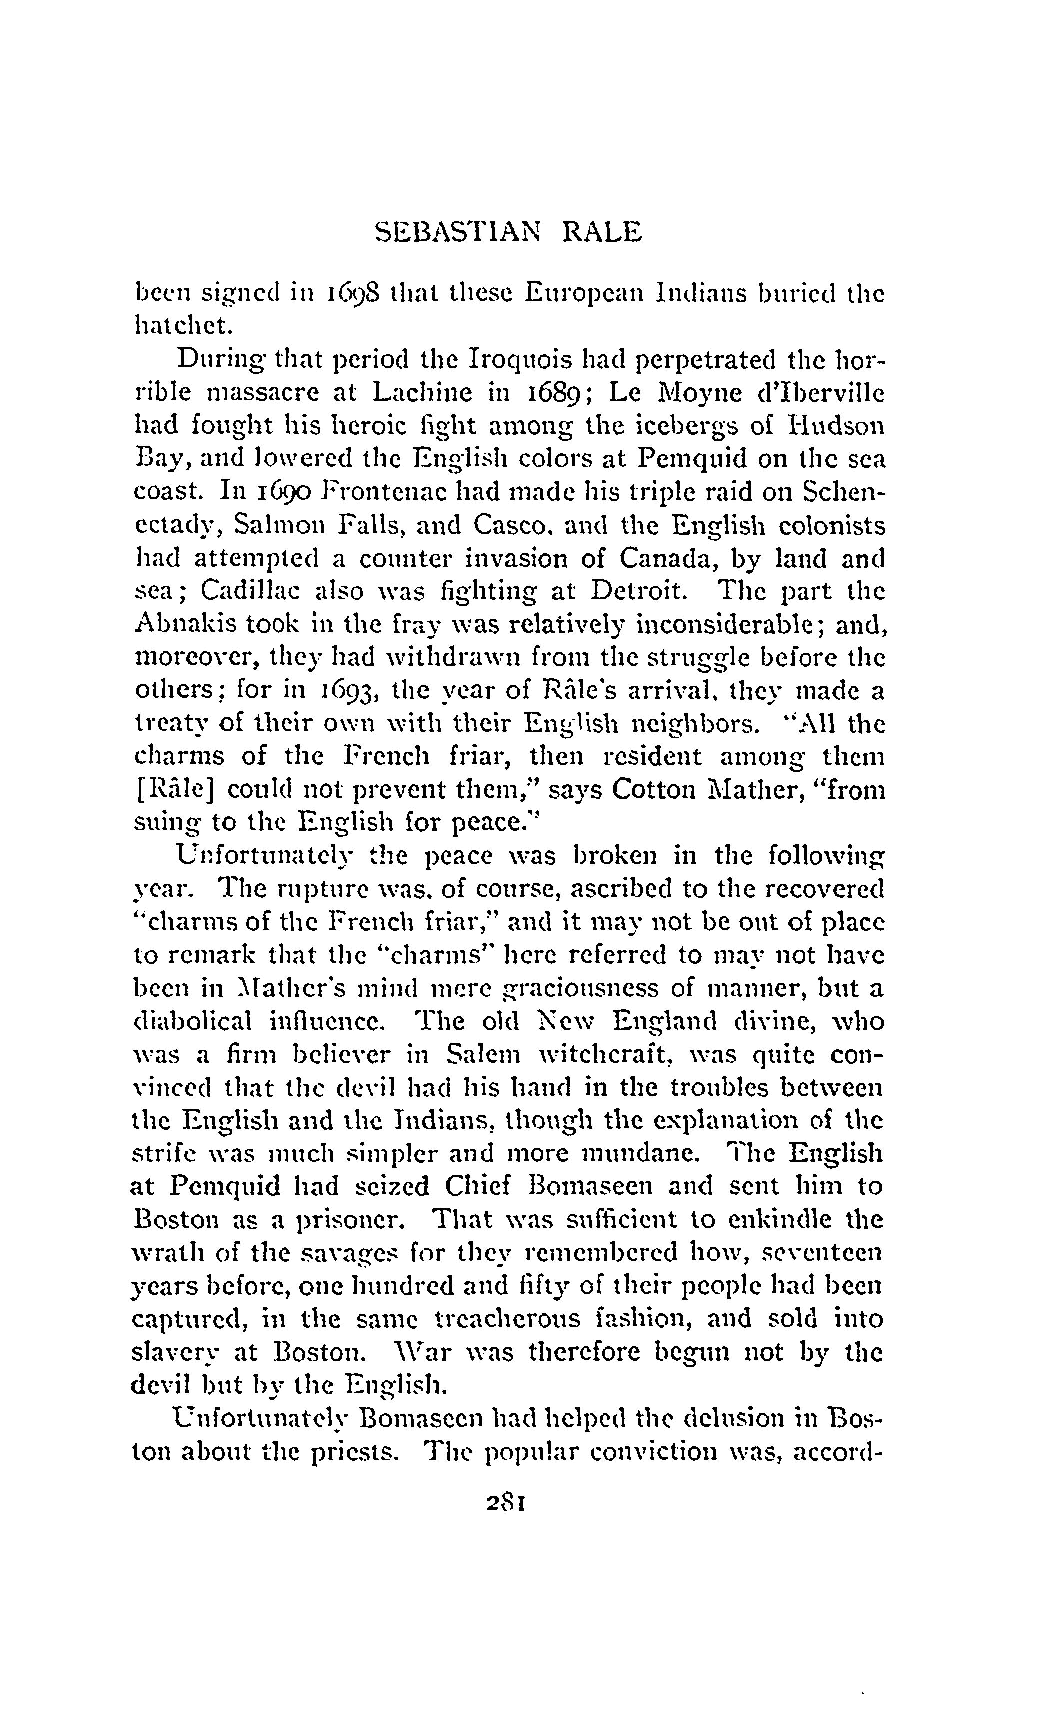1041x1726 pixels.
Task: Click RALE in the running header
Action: click(x=602, y=232)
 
